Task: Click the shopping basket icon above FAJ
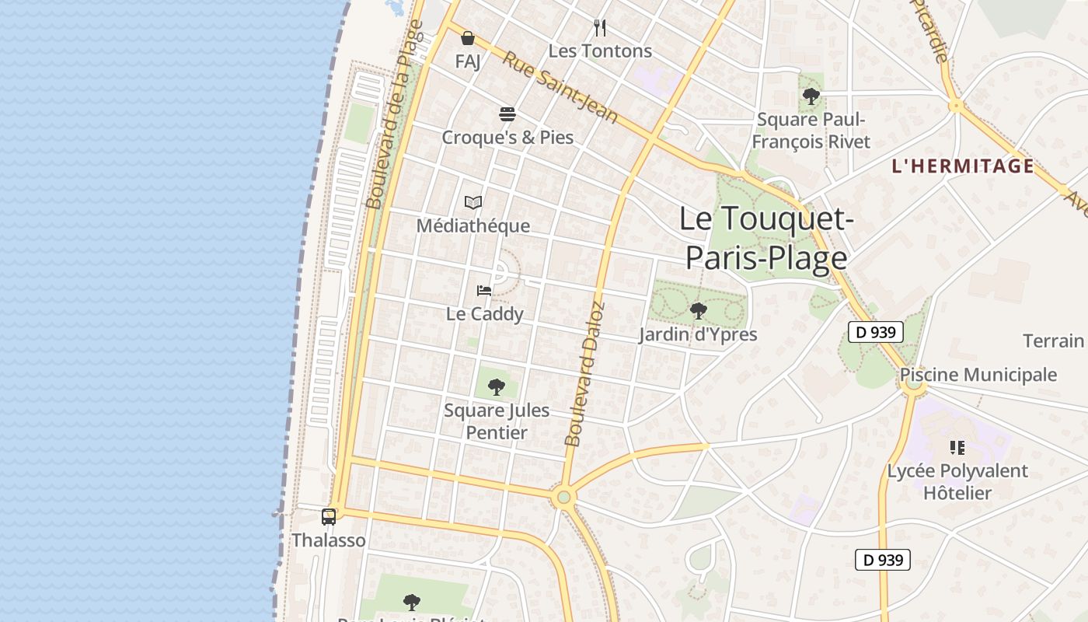[x=468, y=38]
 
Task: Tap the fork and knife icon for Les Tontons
[x=599, y=28]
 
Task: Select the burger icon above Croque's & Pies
[x=507, y=115]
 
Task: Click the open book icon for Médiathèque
[x=473, y=203]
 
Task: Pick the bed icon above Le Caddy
[x=484, y=291]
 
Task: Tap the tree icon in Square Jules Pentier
[x=496, y=386]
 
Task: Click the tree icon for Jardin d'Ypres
[x=698, y=311]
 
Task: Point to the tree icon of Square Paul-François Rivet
[x=811, y=96]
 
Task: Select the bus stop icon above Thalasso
[x=329, y=516]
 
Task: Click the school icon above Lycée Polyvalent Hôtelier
[x=957, y=448]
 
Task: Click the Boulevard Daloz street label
[x=584, y=373]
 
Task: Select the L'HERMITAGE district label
[x=963, y=166]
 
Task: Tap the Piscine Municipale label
[x=978, y=375]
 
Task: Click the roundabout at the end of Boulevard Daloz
[x=563, y=497]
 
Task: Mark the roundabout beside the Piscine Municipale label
[x=914, y=384]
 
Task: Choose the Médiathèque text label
[x=473, y=225]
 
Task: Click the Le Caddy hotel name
[x=484, y=313]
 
